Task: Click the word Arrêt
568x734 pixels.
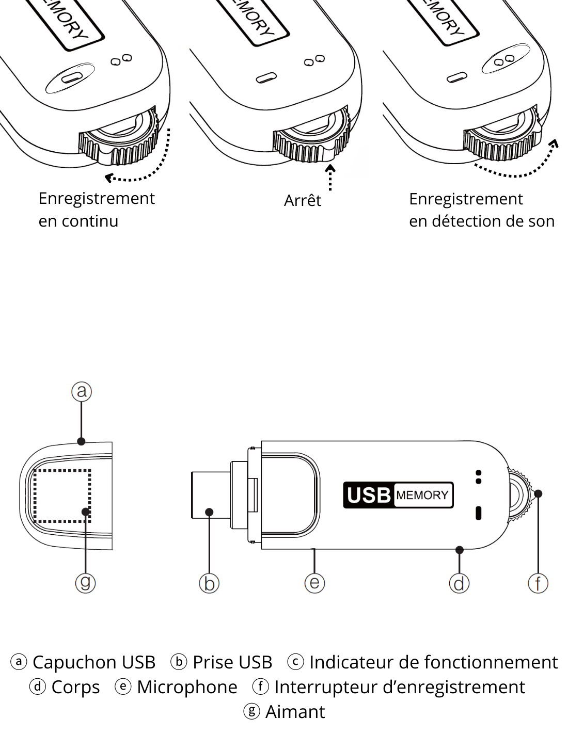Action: click(302, 200)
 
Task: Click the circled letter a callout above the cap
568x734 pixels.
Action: click(82, 391)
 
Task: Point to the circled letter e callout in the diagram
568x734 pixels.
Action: click(314, 583)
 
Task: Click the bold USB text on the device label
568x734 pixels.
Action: click(369, 495)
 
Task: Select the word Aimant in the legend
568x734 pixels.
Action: click(295, 712)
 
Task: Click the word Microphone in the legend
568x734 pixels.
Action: click(187, 687)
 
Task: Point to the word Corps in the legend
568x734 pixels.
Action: click(75, 688)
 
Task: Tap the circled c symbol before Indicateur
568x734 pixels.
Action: click(295, 661)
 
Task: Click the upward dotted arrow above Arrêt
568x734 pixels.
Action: click(330, 178)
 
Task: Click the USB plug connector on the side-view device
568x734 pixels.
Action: click(212, 494)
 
